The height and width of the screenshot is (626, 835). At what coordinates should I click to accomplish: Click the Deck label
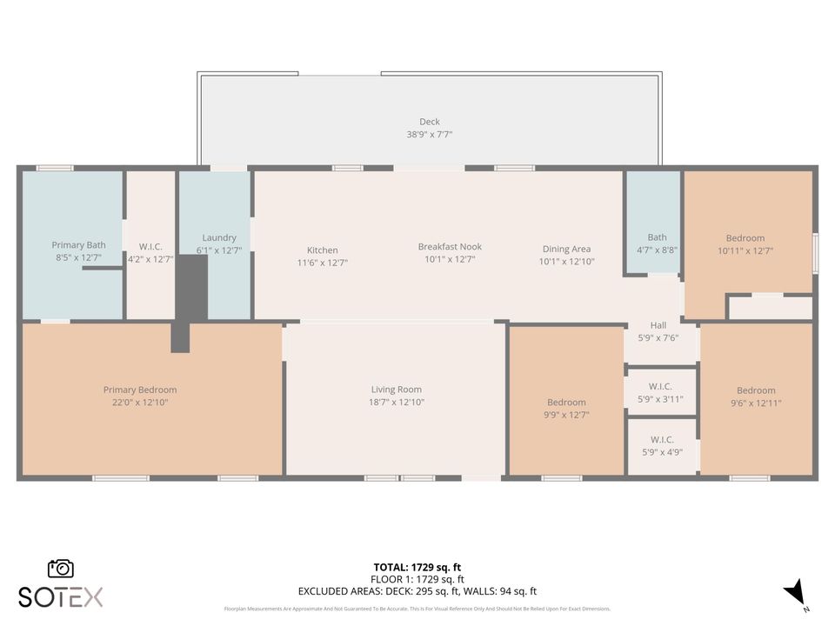pyautogui.click(x=429, y=122)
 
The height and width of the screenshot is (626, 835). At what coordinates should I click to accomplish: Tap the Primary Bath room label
pyautogui.click(x=78, y=245)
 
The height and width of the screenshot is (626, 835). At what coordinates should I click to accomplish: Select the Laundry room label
pyautogui.click(x=219, y=238)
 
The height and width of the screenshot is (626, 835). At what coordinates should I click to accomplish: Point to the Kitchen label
pyautogui.click(x=322, y=250)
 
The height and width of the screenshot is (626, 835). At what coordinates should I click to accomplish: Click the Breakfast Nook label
pyautogui.click(x=449, y=247)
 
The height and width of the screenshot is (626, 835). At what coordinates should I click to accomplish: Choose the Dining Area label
pyautogui.click(x=566, y=250)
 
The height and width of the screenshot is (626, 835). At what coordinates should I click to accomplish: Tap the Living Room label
pyautogui.click(x=396, y=390)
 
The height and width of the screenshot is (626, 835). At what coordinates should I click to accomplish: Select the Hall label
pyautogui.click(x=658, y=326)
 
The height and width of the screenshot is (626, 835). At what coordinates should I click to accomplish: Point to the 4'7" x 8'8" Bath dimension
pyautogui.click(x=657, y=250)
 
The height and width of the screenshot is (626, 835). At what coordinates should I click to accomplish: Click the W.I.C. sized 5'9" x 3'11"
pyautogui.click(x=661, y=399)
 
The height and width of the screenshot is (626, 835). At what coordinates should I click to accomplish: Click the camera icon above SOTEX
pyautogui.click(x=61, y=569)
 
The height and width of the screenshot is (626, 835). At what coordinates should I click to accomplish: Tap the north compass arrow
pyautogui.click(x=795, y=593)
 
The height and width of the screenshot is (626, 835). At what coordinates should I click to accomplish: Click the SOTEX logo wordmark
pyautogui.click(x=61, y=596)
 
